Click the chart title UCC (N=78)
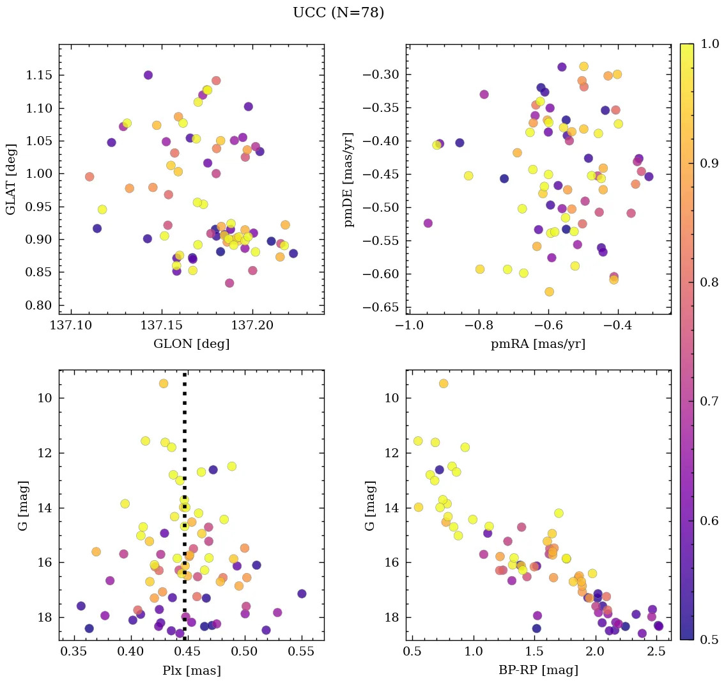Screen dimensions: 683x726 (338, 13)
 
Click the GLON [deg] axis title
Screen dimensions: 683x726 (191, 344)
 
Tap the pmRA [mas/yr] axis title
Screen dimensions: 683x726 (537, 344)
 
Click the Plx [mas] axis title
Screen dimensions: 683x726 (191, 670)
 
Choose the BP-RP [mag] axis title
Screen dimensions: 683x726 (537, 670)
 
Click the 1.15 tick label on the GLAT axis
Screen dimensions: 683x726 (40, 75)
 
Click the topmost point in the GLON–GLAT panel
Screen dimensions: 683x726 (148, 75)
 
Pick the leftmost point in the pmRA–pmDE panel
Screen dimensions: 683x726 (428, 223)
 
